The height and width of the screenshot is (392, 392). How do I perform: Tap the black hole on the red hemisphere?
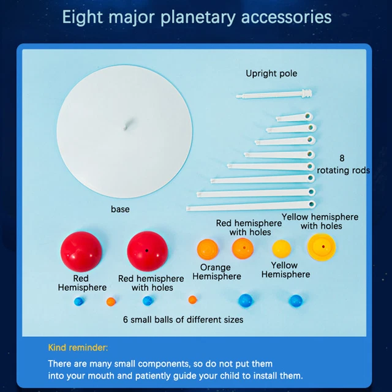(148, 251)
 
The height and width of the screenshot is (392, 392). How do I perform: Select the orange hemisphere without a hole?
(208, 250)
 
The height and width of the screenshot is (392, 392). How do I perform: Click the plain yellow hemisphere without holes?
(281, 249)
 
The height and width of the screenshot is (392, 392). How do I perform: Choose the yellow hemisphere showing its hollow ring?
(322, 247)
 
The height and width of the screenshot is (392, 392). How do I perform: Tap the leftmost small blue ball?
(78, 301)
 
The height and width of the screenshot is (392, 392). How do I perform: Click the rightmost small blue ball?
(295, 301)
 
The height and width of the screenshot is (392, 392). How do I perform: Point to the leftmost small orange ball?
(110, 301)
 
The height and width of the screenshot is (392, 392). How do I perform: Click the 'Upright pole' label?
(271, 73)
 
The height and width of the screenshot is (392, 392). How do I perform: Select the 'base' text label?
(120, 209)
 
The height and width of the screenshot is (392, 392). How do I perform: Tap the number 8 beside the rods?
(342, 157)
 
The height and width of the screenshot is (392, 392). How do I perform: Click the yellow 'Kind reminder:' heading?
(78, 348)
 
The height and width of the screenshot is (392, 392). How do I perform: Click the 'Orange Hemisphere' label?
(216, 272)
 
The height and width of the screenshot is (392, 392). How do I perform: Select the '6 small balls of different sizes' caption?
(183, 320)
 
